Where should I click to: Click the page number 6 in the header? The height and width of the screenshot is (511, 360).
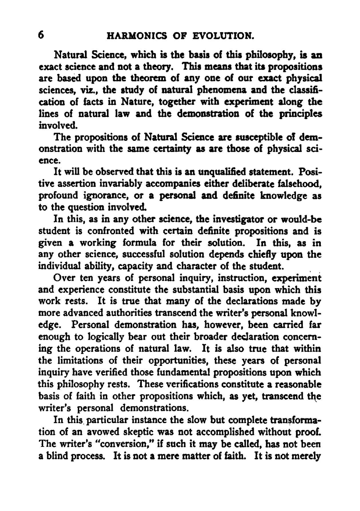point(41,35)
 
